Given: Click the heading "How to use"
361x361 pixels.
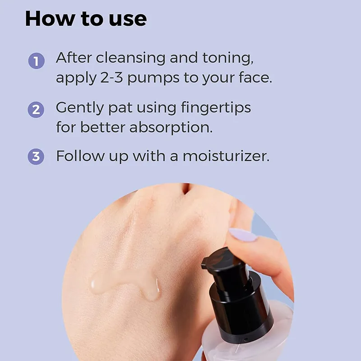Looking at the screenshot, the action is (x=86, y=19).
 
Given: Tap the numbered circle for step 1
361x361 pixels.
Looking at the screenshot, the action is (x=37, y=61).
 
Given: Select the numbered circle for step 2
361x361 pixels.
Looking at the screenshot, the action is (x=36, y=110).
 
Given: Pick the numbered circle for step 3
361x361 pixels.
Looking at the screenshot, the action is (x=36, y=157).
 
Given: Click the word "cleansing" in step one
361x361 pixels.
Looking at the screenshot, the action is (x=130, y=58).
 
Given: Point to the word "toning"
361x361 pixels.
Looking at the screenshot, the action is (x=228, y=58).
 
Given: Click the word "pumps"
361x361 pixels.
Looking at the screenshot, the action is (x=153, y=79).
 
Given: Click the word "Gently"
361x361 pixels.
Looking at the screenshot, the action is (x=80, y=108).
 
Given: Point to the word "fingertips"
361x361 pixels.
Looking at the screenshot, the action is (x=216, y=107).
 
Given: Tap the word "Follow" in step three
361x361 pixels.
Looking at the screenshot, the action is (x=80, y=156).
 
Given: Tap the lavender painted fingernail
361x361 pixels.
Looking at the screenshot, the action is (x=243, y=235).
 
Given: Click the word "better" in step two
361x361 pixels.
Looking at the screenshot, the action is (x=103, y=127).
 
